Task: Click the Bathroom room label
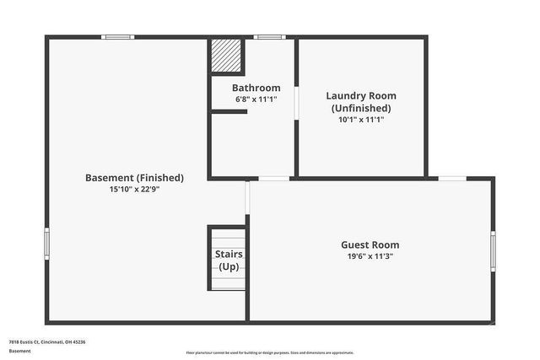(256, 88)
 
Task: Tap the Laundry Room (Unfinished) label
(361, 101)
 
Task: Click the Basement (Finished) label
(134, 178)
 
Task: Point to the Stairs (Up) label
(229, 260)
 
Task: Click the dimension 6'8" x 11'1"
(256, 99)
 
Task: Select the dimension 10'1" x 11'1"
(361, 120)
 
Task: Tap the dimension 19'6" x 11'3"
(372, 256)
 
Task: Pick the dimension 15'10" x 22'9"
(134, 190)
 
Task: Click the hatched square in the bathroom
(226, 56)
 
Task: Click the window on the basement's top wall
(118, 37)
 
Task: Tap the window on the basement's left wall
(47, 243)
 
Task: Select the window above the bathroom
(270, 37)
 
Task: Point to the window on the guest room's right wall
(493, 250)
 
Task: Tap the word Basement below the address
(19, 350)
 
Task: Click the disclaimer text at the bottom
(269, 352)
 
